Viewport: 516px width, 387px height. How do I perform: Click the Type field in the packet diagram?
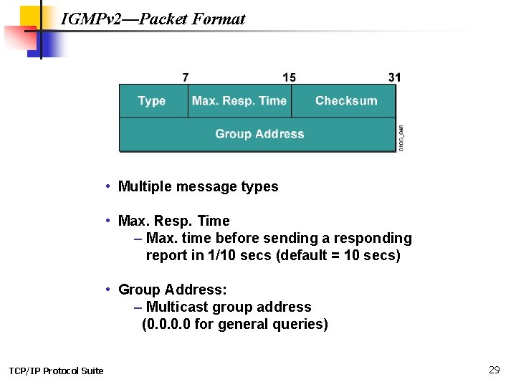(152, 101)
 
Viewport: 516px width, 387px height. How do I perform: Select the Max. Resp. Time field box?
(239, 101)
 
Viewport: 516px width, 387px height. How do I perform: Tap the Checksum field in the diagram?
(345, 101)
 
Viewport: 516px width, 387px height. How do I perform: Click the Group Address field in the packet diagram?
(259, 134)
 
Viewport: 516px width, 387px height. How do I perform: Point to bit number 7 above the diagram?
(186, 77)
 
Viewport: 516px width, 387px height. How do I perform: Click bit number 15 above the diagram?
(289, 77)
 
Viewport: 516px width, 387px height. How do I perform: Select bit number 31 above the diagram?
(394, 77)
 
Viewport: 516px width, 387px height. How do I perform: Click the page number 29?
(494, 370)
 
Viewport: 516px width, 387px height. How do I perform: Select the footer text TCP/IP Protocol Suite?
(56, 371)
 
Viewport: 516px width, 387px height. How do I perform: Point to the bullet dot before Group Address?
(107, 289)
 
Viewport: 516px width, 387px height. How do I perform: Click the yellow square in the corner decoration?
(32, 16)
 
